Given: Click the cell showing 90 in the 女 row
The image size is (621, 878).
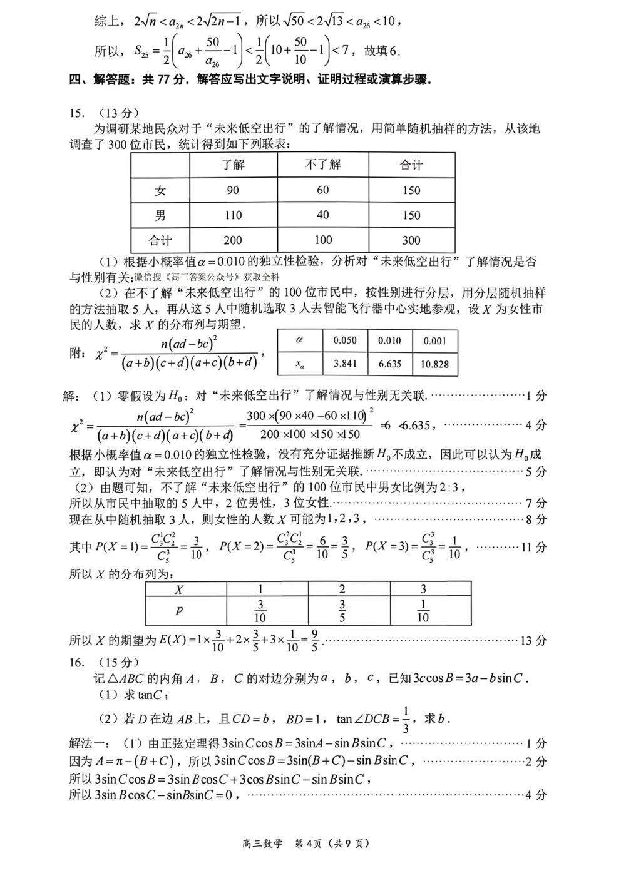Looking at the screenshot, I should coord(233,190).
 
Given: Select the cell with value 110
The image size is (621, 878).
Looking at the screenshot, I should coord(233,215).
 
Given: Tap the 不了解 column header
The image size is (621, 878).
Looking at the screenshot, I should coord(322,165).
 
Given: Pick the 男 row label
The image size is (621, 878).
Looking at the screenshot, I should coord(160,215).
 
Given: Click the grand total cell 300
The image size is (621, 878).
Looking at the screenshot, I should coord(411,240).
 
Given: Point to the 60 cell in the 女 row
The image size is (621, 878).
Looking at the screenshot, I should coord(322,190).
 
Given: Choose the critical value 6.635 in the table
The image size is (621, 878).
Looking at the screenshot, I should coord(389,364).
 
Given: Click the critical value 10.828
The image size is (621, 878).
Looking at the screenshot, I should coord(434,364).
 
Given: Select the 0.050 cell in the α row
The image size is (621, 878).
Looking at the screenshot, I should coord(345,340).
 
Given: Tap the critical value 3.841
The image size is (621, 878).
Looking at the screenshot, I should coord(345,364).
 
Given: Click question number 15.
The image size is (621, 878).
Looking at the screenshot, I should coord(77,113).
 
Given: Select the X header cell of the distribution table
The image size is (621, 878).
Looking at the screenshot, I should coord(179,589).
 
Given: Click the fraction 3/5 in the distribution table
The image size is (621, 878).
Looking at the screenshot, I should coord(342,611).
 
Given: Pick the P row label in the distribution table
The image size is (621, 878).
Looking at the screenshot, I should coord(179,611).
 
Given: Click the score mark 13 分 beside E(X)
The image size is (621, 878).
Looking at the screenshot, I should coord(533,640).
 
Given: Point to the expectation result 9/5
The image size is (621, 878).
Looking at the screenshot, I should coord(314,640).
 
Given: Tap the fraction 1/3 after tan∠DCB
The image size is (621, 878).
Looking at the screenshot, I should coord(406,719).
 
